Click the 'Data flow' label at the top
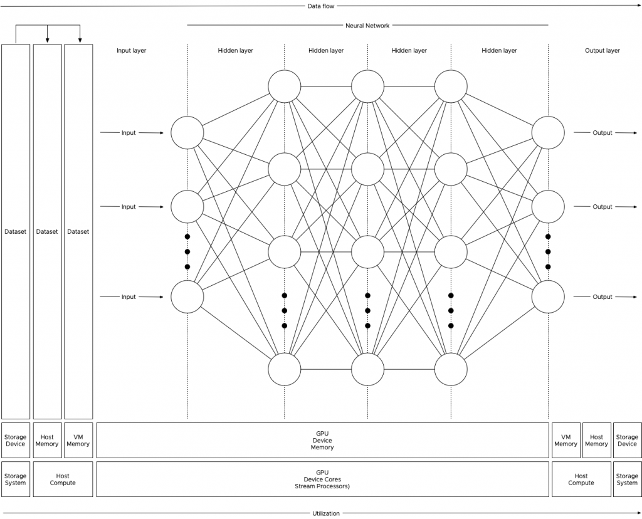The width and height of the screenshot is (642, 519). point(320,6)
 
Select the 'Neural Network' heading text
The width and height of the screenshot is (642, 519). point(367,26)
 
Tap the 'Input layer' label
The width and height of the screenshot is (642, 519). point(131,51)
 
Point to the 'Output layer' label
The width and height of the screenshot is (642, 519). point(602,51)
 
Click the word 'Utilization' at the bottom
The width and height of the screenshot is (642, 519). point(326,513)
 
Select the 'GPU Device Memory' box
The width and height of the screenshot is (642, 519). point(322,440)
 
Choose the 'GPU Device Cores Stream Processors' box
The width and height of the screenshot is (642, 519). point(322,480)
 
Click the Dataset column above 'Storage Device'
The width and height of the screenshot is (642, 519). point(16,231)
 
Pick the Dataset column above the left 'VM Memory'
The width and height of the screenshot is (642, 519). point(78,231)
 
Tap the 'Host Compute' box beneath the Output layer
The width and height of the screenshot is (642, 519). point(581,480)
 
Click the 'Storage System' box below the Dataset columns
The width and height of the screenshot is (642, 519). point(16,480)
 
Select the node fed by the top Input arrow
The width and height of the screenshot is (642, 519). point(187,133)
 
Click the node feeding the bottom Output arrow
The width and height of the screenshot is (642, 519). point(548,296)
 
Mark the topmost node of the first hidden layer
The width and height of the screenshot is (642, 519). point(285,85)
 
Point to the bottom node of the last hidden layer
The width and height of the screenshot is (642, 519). point(451,369)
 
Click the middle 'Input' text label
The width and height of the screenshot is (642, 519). point(129,207)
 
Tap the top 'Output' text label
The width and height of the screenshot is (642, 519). point(603,133)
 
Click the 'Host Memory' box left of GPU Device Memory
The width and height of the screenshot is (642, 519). point(47,440)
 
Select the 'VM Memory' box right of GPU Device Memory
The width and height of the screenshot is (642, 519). point(566,440)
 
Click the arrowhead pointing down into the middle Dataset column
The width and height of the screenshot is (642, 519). point(48,41)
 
